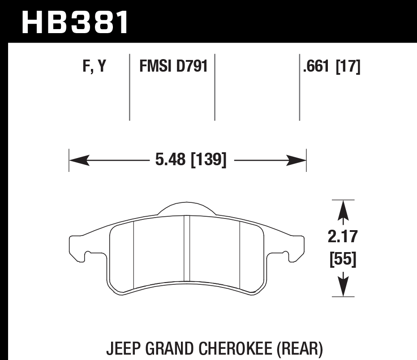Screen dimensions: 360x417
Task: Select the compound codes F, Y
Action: pyautogui.click(x=94, y=67)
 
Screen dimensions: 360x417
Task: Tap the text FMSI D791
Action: pyautogui.click(x=173, y=67)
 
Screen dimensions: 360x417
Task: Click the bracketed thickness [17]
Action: pyautogui.click(x=348, y=67)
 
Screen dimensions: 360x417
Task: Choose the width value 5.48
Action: pyautogui.click(x=170, y=160)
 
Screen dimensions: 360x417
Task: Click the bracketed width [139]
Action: pyautogui.click(x=208, y=160)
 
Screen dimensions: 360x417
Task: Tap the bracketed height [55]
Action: pyautogui.click(x=343, y=259)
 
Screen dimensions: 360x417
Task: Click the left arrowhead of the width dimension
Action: pyautogui.click(x=77, y=160)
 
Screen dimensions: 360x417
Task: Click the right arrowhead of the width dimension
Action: pyautogui.click(x=298, y=160)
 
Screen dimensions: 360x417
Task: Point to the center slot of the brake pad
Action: pyautogui.click(x=187, y=251)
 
